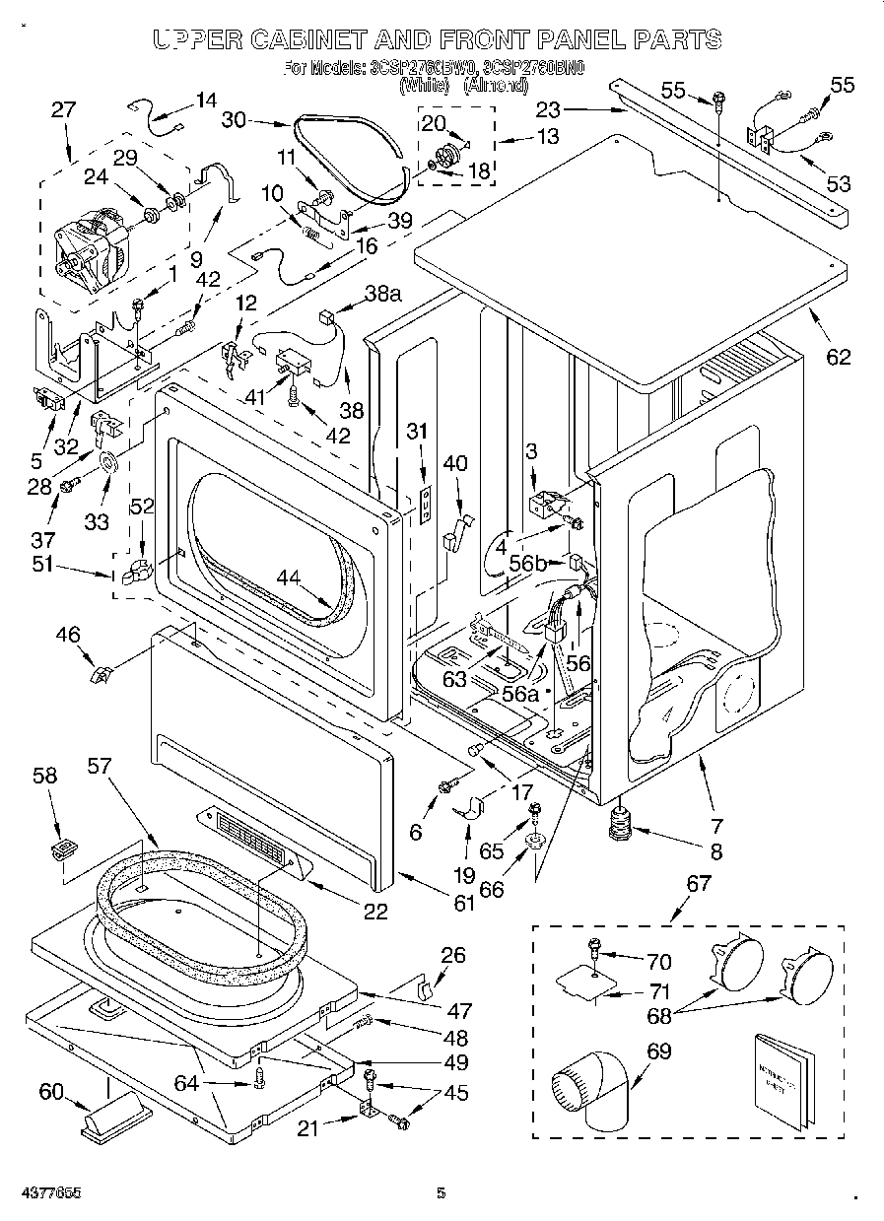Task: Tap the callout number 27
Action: tap(63, 111)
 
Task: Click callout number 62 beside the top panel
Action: tap(837, 358)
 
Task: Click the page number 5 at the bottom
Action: tap(442, 1193)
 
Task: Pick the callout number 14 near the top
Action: tap(206, 100)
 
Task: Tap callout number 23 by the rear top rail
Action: tap(548, 111)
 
